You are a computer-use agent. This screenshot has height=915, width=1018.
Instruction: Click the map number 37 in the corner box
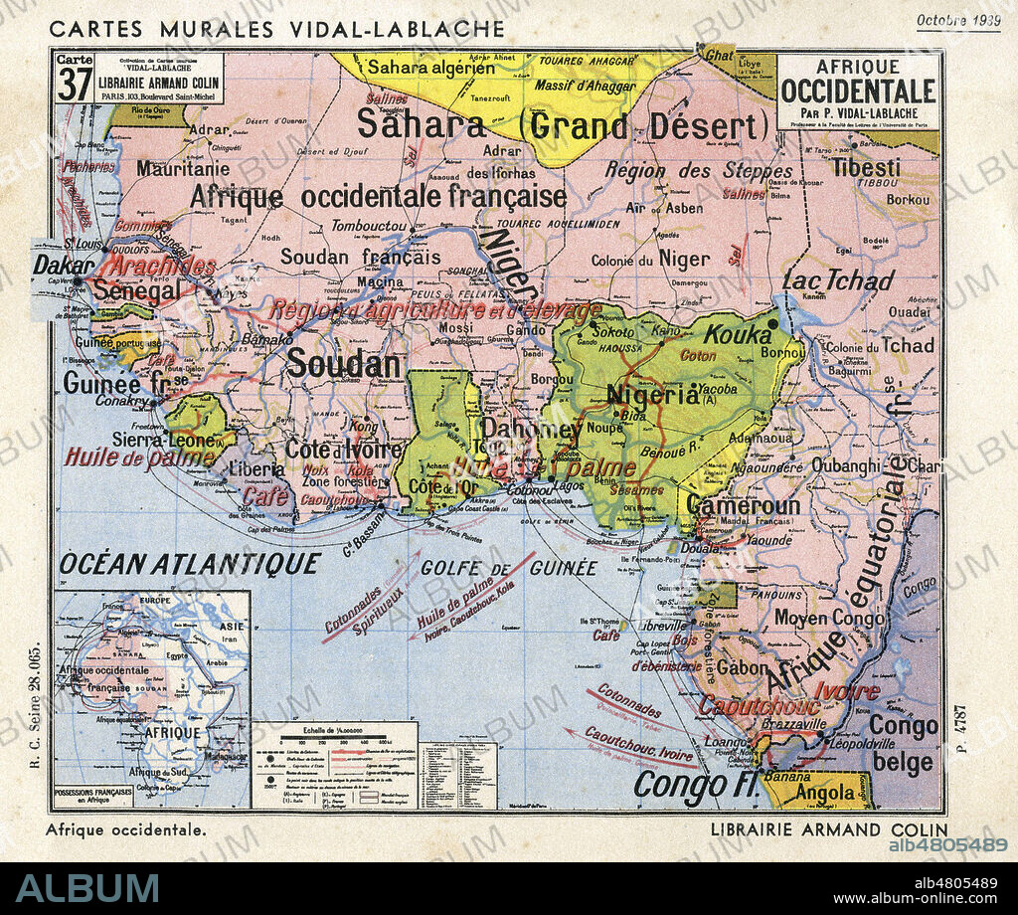tap(75, 84)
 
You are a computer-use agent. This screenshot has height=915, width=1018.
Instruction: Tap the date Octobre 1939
tap(958, 20)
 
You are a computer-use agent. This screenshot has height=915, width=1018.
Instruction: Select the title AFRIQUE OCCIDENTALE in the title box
tap(859, 83)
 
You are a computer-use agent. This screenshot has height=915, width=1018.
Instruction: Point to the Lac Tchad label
tap(838, 279)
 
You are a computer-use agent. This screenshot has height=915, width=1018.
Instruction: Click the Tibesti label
tap(866, 167)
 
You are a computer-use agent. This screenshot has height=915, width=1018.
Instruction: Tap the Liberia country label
tap(256, 467)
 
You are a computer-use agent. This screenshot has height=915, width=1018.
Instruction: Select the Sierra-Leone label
tap(164, 440)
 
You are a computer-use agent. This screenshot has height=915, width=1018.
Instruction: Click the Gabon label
tap(742, 667)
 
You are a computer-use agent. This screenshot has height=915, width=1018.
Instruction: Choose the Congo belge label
tap(903, 744)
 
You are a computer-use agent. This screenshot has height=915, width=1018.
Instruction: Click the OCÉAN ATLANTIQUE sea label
tap(190, 564)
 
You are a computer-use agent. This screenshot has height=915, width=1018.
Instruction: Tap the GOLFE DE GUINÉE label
tap(509, 568)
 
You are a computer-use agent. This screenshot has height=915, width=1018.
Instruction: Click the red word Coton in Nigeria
tap(698, 355)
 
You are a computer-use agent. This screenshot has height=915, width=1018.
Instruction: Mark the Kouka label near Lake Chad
tap(738, 333)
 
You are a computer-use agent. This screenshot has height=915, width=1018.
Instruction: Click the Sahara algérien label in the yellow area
tap(430, 69)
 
